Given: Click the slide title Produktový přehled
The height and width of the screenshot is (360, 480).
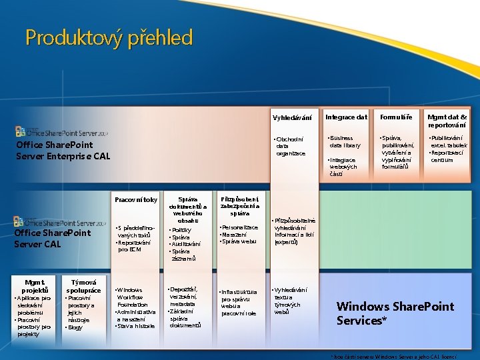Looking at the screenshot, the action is click(x=109, y=37).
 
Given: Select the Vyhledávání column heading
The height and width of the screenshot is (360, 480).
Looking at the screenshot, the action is click(x=292, y=118).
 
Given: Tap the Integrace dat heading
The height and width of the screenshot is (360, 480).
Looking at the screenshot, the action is click(x=347, y=117).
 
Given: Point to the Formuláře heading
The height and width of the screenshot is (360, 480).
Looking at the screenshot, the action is click(x=396, y=117).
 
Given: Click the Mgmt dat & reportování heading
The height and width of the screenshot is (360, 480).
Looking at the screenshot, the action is click(x=447, y=121).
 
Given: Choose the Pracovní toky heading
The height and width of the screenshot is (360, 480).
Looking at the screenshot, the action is click(x=136, y=199).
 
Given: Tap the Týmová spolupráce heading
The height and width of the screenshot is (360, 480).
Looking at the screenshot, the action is click(x=84, y=286).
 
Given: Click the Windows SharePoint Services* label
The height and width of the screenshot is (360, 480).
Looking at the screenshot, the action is click(x=395, y=313).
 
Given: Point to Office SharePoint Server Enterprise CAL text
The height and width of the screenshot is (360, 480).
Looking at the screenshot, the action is click(x=63, y=150).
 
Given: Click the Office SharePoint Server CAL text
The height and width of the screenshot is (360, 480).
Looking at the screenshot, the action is click(x=52, y=238).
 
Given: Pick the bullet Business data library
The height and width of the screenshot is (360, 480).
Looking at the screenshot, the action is click(x=345, y=142).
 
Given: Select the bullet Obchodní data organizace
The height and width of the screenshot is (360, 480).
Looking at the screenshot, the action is click(x=291, y=146).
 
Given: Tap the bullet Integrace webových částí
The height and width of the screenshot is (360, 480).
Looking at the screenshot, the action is click(x=343, y=167).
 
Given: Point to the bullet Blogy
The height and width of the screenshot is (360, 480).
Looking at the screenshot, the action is click(x=74, y=327).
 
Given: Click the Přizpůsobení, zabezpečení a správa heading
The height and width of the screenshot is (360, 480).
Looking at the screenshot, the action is click(x=239, y=205).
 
